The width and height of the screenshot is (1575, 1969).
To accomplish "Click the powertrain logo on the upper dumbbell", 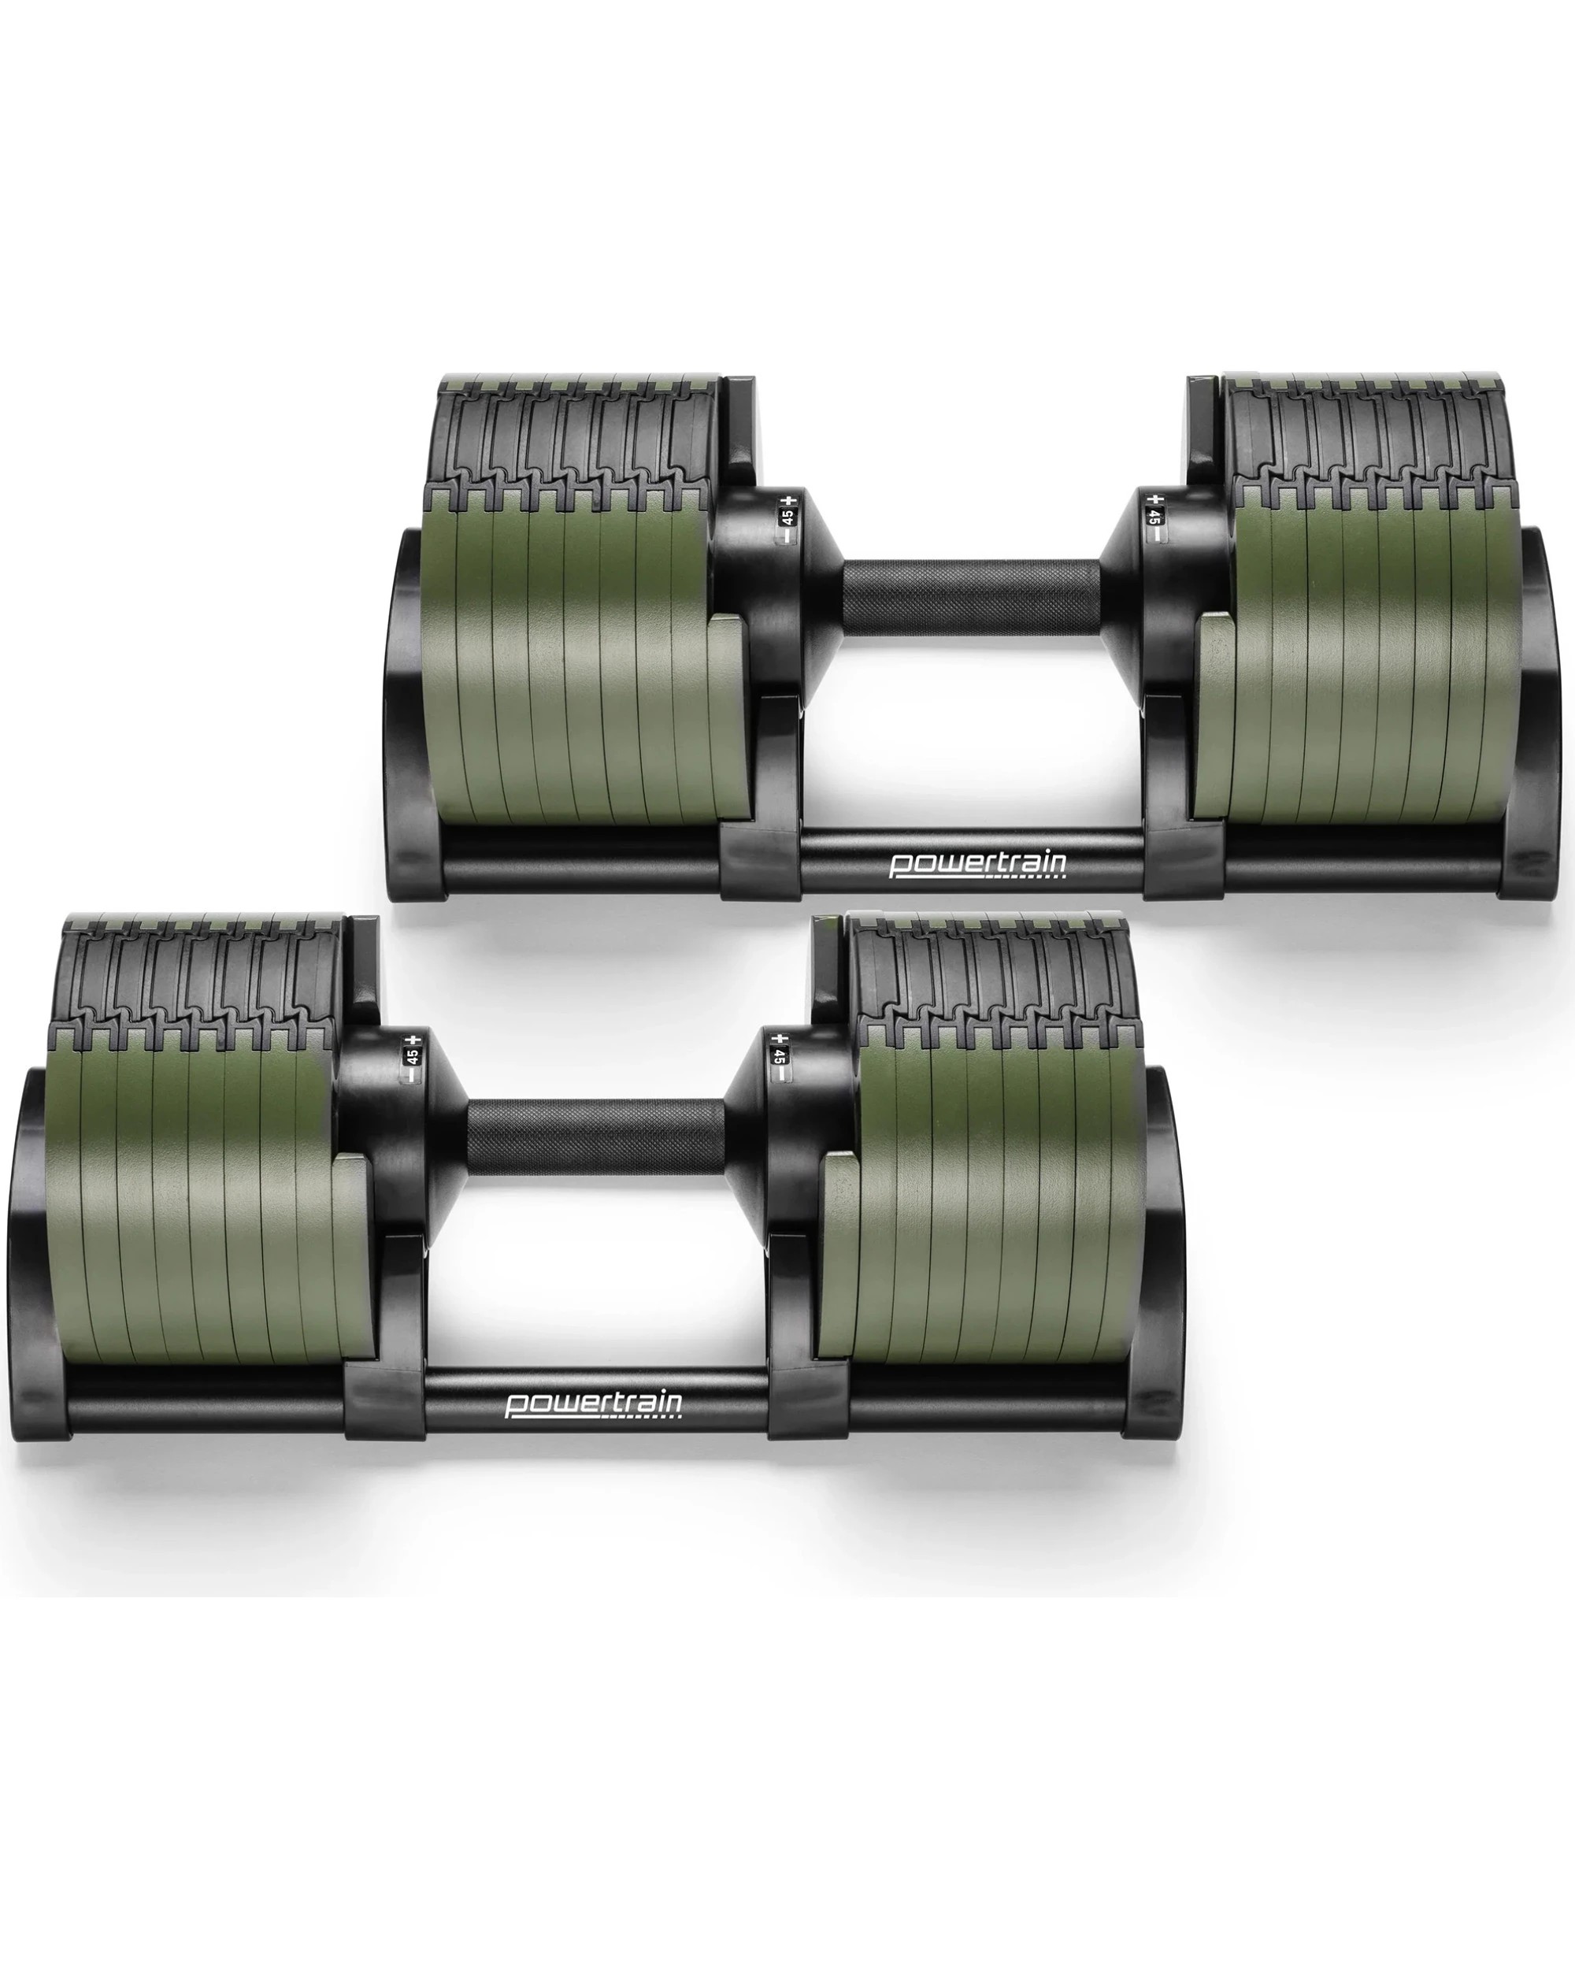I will [978, 864].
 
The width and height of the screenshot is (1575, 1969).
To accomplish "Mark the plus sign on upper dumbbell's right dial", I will [1156, 499].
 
